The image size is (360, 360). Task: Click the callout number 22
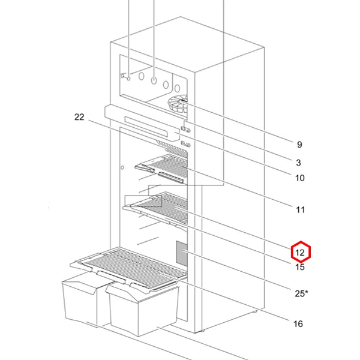[79, 117]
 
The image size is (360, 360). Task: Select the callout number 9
[299, 145]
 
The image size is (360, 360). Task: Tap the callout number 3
[298, 163]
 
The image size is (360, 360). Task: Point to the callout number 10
[299, 178]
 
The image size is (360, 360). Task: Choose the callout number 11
[300, 209]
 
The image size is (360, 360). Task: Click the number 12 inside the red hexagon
[300, 253]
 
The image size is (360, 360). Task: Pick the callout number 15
[299, 267]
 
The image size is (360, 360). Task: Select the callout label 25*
[301, 293]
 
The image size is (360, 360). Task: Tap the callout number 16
[298, 324]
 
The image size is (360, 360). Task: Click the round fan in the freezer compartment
[178, 104]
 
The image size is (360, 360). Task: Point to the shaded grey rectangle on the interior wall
[182, 253]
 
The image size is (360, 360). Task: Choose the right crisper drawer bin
[143, 308]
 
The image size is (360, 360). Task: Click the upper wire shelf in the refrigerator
[163, 169]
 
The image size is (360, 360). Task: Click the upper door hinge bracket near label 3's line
[186, 130]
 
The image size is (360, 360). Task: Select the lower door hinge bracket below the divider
[186, 145]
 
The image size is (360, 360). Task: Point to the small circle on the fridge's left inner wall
[122, 167]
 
